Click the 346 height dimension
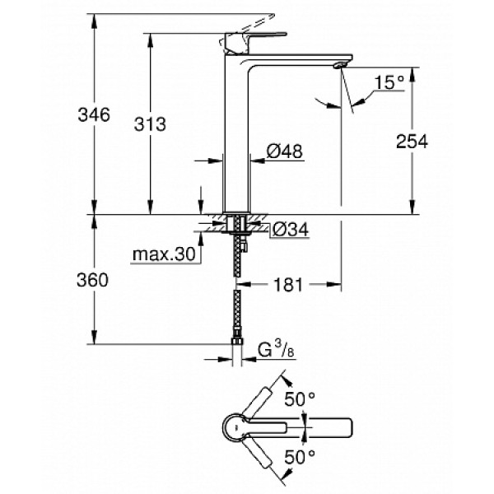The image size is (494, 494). point(94,115)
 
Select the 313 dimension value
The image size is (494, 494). point(150,124)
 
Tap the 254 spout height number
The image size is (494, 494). point(412,141)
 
